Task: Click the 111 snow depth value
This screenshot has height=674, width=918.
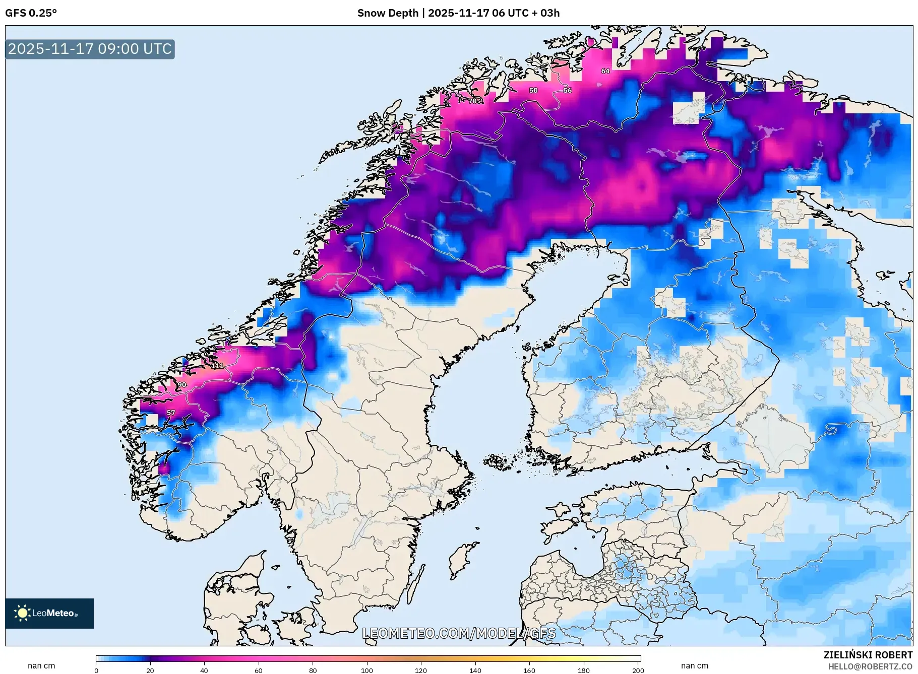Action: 217,366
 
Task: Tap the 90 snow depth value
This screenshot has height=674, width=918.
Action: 182,385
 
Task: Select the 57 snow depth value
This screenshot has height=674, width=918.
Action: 171,413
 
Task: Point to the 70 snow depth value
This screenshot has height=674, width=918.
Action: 472,101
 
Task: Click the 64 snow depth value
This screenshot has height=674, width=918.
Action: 605,71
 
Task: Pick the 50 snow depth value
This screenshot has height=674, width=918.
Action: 533,91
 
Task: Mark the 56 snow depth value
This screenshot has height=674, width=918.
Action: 568,91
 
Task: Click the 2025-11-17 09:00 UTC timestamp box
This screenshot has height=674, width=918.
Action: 90,49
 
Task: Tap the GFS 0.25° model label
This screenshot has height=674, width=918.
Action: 31,13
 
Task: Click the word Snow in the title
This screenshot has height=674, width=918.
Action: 371,13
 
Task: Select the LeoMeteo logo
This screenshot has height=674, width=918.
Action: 49,613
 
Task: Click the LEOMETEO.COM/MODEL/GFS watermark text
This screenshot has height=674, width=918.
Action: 459,633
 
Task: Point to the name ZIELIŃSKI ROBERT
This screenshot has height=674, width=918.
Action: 868,655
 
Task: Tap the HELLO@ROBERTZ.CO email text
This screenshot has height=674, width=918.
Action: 870,666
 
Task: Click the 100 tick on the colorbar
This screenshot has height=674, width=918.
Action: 367,670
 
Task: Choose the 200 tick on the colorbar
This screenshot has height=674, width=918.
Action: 638,670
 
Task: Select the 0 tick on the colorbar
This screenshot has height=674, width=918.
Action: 96,670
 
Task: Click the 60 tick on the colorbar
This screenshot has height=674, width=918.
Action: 259,670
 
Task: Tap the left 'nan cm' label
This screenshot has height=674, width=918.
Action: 41,666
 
